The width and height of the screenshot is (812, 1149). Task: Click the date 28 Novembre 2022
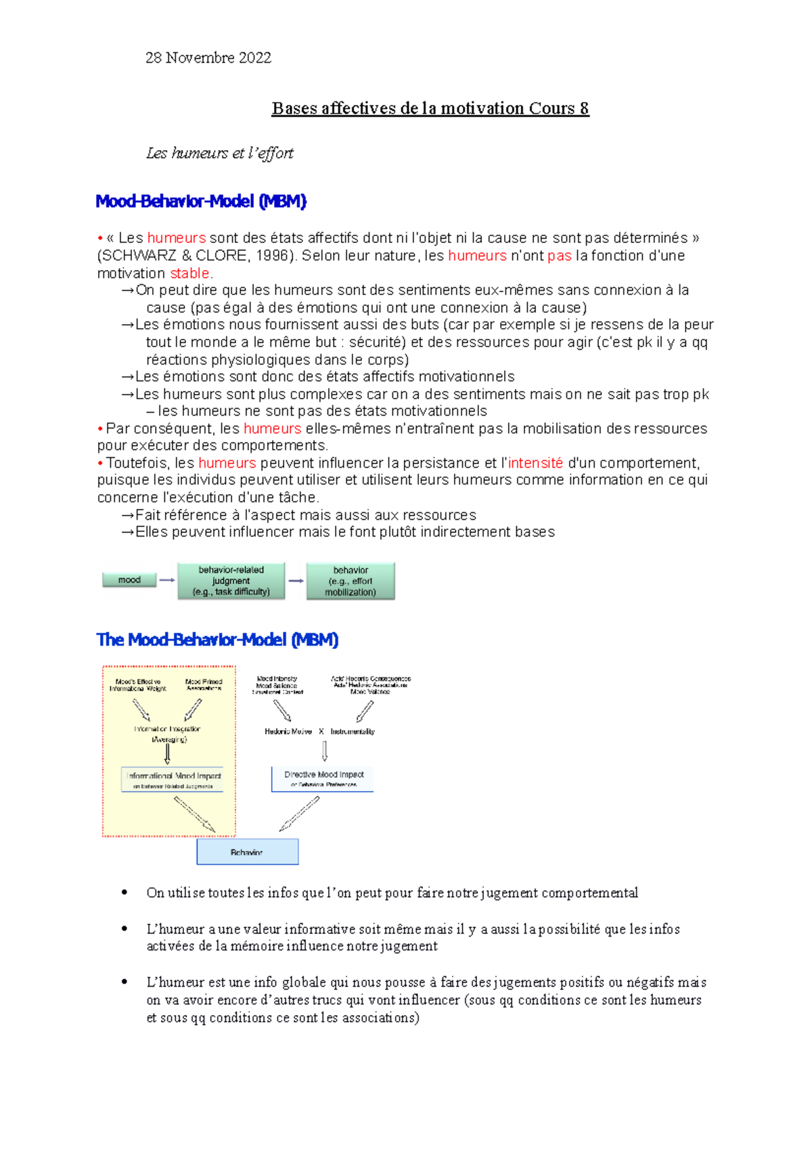208,58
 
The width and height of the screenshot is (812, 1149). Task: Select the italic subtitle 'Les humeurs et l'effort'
219,153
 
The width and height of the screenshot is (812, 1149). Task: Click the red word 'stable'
189,273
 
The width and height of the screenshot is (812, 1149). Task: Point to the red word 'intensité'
535,463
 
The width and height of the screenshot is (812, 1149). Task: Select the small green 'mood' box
129,580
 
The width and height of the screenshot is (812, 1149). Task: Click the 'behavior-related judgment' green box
231,581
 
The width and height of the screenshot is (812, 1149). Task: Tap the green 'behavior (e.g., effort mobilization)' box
351,581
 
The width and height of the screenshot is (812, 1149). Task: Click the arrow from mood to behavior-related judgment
167,580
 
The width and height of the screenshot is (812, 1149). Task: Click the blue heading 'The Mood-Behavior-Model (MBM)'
217,639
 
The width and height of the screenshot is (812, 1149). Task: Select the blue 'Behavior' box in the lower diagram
247,852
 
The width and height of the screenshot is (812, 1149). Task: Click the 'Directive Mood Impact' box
323,778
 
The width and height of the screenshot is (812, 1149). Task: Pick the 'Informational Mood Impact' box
173,780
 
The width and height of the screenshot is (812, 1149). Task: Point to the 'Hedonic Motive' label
288,731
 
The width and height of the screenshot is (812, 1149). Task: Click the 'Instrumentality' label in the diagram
353,731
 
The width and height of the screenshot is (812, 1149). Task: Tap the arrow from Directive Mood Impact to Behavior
300,813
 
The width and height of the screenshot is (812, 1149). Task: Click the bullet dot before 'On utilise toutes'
125,893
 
